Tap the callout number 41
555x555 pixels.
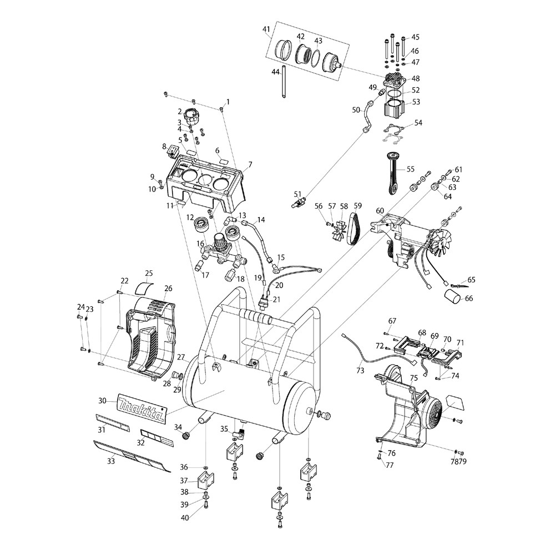266,29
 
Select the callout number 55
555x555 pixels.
410,169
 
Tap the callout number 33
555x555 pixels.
111,461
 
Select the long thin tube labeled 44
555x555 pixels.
284,81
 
